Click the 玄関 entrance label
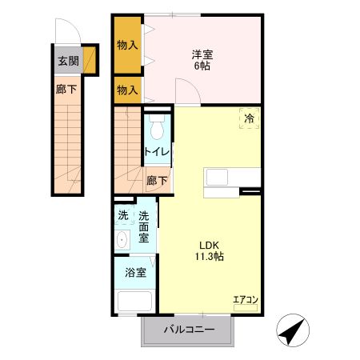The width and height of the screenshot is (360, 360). coord(67,61)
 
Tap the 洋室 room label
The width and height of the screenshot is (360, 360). coord(202,54)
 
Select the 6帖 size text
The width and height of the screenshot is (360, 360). coord(202,68)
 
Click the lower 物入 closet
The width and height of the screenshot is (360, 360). coord(128,90)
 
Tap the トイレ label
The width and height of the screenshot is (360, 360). coord(156,152)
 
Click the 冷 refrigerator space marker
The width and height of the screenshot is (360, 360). coord(250,118)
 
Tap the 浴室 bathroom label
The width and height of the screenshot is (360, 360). coord(135,272)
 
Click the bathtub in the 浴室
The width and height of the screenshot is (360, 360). coord(135,302)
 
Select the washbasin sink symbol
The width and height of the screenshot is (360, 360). coord(122,239)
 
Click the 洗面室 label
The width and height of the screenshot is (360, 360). coord(144,226)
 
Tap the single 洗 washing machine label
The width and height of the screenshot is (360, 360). coord(122,214)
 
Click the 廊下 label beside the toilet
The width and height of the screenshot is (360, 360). coord(157,181)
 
